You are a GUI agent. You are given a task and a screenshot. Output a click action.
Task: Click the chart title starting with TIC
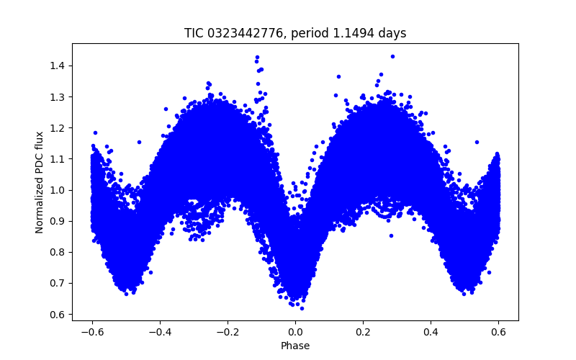(295, 33)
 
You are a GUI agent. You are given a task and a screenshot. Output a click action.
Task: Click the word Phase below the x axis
(295, 346)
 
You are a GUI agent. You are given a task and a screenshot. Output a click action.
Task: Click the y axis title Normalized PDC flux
(40, 181)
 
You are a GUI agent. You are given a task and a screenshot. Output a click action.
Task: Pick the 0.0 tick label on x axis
(295, 332)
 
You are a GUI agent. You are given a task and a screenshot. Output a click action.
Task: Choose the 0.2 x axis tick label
(363, 332)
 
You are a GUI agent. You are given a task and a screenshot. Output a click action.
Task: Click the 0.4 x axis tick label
(431, 332)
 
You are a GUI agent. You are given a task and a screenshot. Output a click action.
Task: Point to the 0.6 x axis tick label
(498, 332)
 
